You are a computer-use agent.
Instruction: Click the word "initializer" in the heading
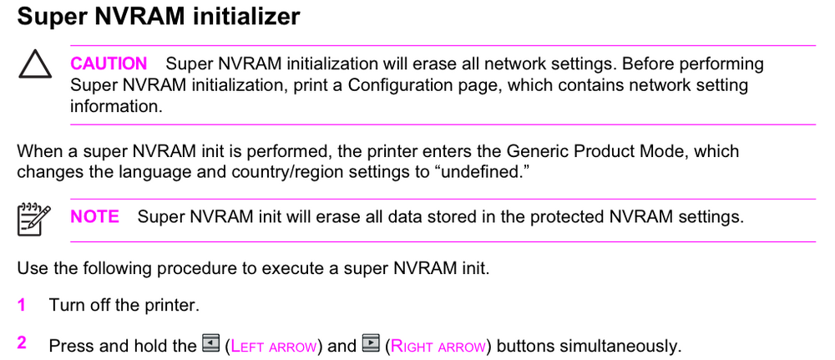click(246, 17)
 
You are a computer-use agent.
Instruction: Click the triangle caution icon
click(35, 65)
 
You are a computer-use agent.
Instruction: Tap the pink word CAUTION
click(109, 64)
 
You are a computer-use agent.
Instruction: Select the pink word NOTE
click(95, 216)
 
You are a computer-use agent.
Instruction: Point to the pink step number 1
click(22, 306)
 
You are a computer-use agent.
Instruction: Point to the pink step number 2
click(22, 343)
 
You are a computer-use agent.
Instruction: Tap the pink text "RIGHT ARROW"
click(438, 347)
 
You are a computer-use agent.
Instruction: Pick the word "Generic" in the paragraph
click(536, 151)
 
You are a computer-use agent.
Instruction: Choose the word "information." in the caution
click(116, 106)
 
